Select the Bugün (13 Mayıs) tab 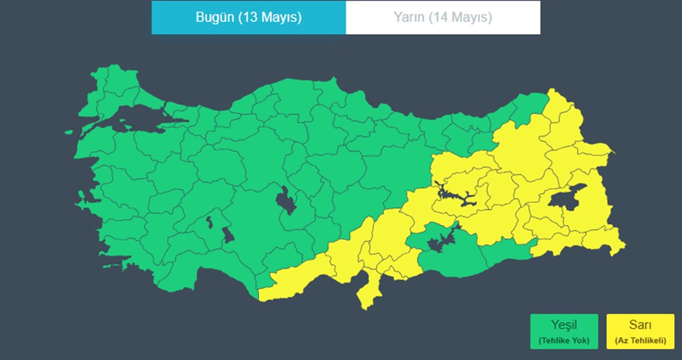pos(248,18)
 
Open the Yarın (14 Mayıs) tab pos(443,18)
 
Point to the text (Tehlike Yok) pos(564,340)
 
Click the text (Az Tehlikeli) pos(640,340)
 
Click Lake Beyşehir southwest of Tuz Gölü pos(228,235)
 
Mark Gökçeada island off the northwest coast pos(69,134)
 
